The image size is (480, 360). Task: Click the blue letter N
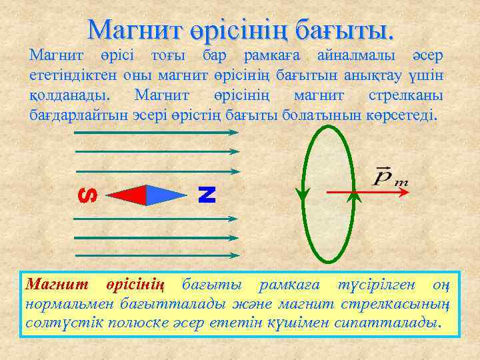tap(207, 194)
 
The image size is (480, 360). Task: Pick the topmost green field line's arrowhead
tap(234, 132)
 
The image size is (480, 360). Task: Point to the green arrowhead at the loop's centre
tap(355, 195)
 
